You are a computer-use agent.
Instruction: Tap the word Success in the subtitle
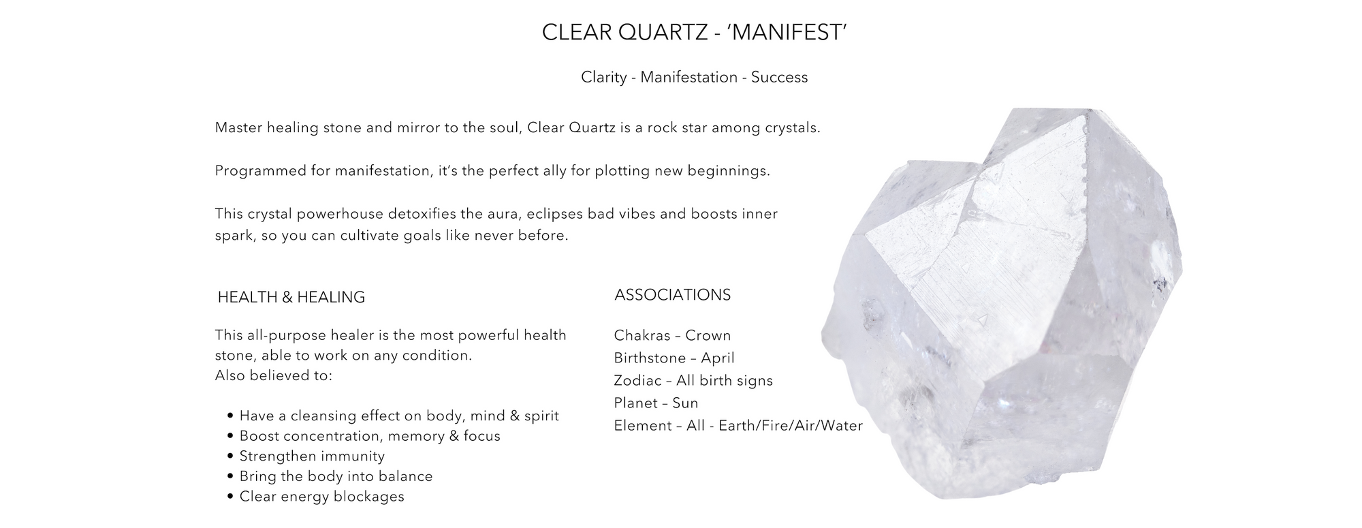780,77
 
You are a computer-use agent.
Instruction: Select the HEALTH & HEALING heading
291,297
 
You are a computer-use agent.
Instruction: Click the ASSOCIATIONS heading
673,295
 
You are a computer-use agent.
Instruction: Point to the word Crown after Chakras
708,335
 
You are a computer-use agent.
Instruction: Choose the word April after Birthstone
718,358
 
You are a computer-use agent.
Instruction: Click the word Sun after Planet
686,403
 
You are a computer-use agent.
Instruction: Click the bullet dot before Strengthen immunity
231,456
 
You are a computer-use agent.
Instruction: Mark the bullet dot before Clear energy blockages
231,497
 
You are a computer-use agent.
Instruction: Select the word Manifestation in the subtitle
689,77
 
